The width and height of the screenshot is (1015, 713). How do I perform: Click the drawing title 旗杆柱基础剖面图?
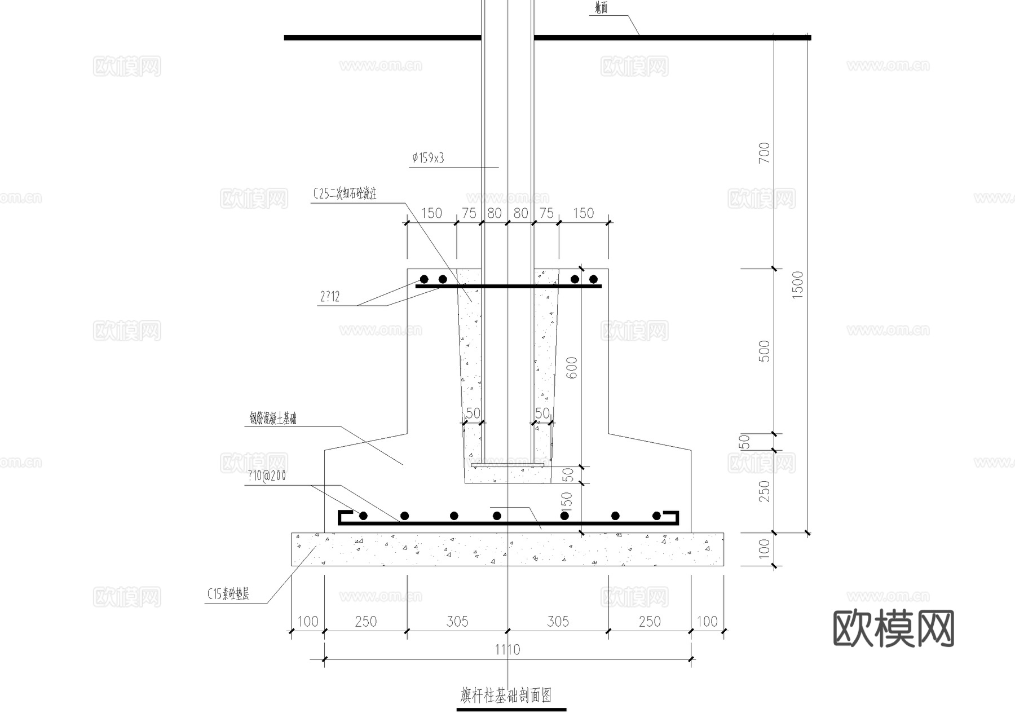coord(506,696)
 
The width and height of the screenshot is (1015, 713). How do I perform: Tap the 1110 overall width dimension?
coord(507,650)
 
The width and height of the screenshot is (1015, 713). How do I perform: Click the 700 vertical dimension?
coord(764,153)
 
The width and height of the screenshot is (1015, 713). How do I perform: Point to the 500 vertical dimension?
coord(764,351)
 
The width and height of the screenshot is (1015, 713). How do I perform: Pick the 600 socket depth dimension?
coord(572,368)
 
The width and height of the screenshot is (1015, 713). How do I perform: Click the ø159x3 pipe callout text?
coord(428,159)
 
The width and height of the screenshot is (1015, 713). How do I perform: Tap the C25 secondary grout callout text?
coord(345,194)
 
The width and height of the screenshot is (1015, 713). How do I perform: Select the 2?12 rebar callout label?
coord(330,297)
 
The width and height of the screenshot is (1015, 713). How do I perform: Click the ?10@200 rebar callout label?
coord(266,476)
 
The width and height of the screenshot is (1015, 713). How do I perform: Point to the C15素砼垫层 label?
coord(228,594)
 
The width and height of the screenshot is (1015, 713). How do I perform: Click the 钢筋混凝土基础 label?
coord(273,419)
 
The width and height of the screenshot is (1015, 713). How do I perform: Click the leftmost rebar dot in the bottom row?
coord(363,516)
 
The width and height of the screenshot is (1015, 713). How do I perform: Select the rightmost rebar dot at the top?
coord(593,279)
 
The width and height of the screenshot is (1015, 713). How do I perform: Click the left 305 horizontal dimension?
coord(457,622)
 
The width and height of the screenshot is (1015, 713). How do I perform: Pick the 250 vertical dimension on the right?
coord(764,491)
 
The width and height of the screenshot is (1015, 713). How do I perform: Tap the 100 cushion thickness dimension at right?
coord(764,548)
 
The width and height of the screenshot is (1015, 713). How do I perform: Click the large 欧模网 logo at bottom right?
coord(893,628)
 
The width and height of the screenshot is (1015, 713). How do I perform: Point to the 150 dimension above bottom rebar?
coord(567,502)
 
